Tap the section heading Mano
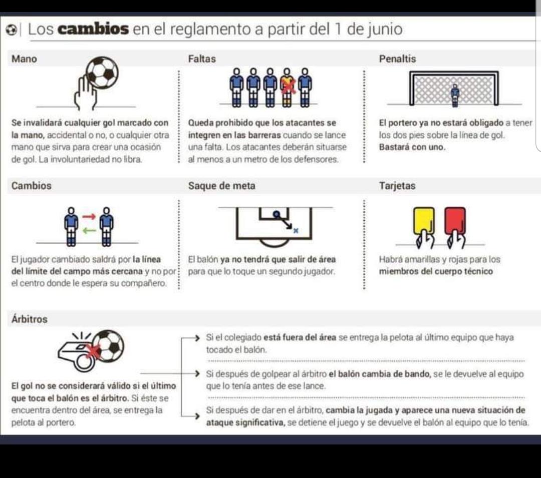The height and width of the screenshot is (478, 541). click(25, 59)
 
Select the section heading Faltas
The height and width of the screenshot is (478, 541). click(202, 59)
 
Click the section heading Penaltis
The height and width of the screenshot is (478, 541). click(397, 59)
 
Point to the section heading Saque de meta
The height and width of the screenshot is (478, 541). click(221, 186)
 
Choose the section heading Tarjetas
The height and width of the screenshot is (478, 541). click(397, 186)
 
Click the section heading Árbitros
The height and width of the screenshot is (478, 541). click(30, 319)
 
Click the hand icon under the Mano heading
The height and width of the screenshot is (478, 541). click(86, 94)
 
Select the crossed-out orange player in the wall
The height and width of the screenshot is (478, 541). click(288, 87)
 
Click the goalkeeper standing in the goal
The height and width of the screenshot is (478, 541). click(455, 95)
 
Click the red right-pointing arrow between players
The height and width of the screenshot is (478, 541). click(88, 217)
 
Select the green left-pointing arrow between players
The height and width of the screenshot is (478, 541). click(88, 231)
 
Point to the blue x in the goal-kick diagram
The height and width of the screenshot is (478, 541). click(296, 230)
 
